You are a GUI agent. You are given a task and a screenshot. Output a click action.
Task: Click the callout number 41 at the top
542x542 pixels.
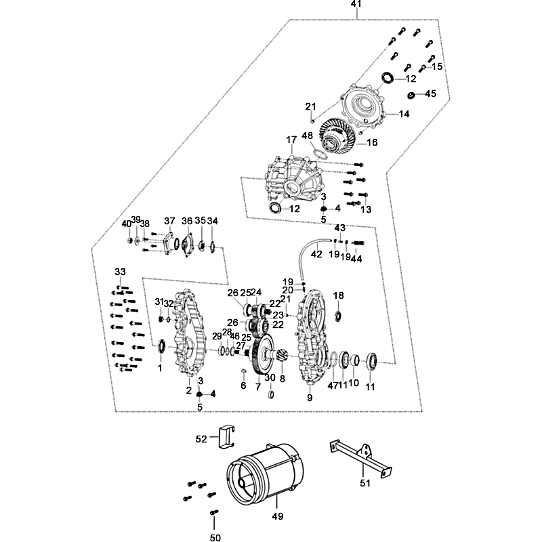(x=356, y=5)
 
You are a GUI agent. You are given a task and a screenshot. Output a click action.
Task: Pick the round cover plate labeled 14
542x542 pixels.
(x=366, y=105)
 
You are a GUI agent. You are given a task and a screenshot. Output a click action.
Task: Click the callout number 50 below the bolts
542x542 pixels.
(x=215, y=539)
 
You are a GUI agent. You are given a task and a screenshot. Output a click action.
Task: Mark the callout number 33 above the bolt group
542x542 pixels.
(x=120, y=272)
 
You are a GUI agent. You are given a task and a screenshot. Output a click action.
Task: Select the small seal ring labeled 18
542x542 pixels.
(x=339, y=314)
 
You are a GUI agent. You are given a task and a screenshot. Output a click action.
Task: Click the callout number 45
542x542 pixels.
(x=430, y=94)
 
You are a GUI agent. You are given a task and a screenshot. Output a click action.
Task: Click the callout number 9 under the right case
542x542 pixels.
(x=310, y=398)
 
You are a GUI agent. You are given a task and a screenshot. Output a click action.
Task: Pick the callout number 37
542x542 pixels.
(x=169, y=221)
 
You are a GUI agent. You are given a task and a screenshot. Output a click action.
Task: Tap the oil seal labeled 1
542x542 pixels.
(x=161, y=348)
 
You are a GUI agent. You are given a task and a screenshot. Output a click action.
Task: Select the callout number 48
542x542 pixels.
(x=307, y=136)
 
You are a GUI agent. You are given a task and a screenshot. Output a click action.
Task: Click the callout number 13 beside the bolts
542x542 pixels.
(x=367, y=209)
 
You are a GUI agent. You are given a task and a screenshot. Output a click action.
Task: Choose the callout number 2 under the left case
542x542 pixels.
(x=189, y=390)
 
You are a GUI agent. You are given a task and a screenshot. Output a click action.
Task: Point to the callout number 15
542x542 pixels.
(x=437, y=66)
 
